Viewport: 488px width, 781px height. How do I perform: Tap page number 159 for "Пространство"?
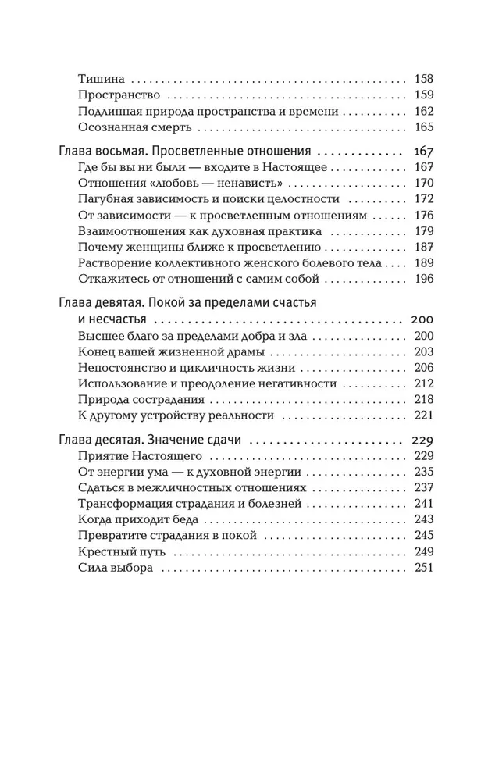pos(423,95)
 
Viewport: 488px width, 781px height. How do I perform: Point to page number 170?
pos(423,184)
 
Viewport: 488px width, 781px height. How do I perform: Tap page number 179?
pos(423,232)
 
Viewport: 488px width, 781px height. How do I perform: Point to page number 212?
pos(423,383)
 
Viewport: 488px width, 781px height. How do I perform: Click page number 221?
pos(423,415)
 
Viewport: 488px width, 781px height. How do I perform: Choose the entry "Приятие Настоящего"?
pos(141,455)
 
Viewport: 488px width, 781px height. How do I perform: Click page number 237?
pos(423,487)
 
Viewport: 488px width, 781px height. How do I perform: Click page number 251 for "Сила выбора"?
pos(423,568)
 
